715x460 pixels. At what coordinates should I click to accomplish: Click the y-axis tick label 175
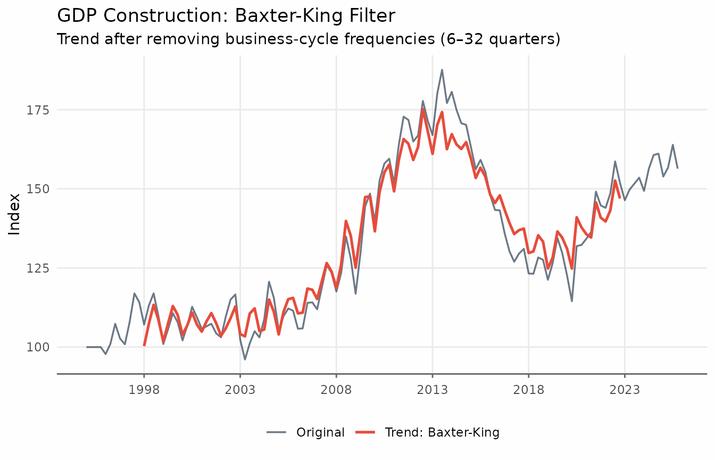tap(38, 110)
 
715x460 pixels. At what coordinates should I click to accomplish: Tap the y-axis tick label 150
tap(38, 189)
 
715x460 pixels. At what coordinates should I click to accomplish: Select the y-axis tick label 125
tap(38, 268)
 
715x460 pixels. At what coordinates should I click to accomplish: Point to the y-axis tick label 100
tap(38, 347)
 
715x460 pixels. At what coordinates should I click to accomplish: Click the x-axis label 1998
tap(144, 390)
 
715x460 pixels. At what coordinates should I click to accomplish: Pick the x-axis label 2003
tap(240, 390)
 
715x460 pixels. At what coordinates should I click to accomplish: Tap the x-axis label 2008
tap(336, 390)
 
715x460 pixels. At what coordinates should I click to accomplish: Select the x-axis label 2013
tap(433, 390)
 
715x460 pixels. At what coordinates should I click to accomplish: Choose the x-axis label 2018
tap(529, 390)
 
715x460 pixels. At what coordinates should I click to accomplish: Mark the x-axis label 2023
tap(625, 390)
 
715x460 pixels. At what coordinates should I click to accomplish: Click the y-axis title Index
tap(14, 215)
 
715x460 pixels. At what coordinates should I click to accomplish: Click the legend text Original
tap(320, 432)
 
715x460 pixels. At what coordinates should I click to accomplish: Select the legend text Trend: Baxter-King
tap(442, 432)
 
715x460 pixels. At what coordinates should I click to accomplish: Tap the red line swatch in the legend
tap(365, 432)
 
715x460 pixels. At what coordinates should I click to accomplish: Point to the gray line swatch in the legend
tap(277, 432)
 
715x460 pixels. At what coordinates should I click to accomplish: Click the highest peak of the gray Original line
tap(442, 70)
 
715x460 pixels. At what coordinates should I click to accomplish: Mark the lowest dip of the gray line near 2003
tap(245, 360)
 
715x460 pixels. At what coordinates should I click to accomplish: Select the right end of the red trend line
tap(620, 198)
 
